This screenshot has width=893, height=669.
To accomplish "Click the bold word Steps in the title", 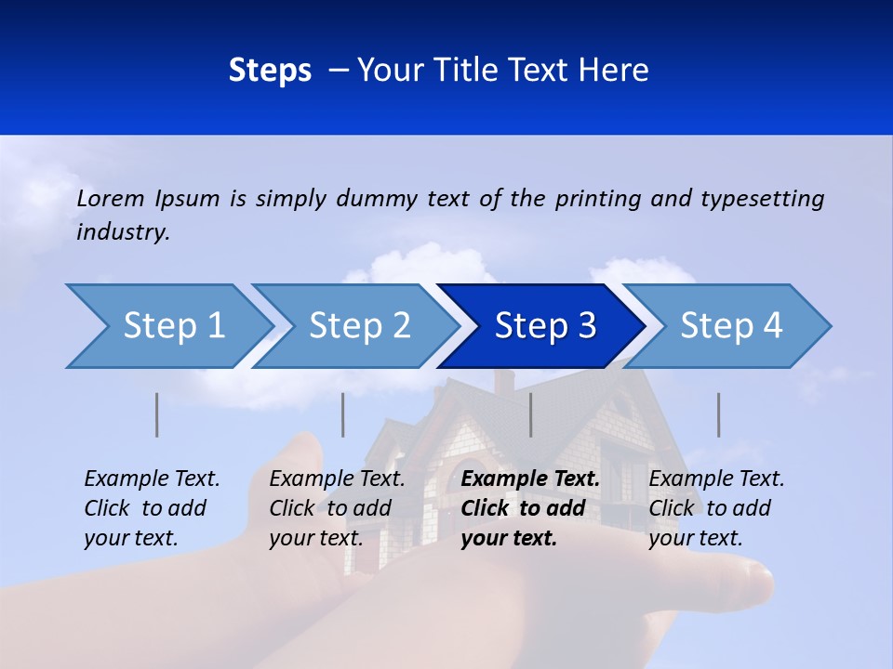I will (x=270, y=71).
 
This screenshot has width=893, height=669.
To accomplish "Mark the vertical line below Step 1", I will (x=157, y=414).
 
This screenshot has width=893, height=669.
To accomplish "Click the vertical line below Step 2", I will (x=343, y=414).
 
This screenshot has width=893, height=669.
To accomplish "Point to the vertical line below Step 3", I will (x=531, y=414).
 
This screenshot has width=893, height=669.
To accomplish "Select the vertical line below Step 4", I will (x=719, y=414).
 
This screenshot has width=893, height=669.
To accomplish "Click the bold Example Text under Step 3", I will (x=530, y=479).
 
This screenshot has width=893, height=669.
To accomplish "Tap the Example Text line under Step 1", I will (x=152, y=479).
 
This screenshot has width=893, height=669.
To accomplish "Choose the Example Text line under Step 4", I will (x=716, y=479).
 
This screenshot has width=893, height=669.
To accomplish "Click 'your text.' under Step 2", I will (x=315, y=538).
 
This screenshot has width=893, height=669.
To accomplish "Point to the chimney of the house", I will (x=504, y=381).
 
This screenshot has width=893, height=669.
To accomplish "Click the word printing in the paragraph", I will (x=598, y=199).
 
